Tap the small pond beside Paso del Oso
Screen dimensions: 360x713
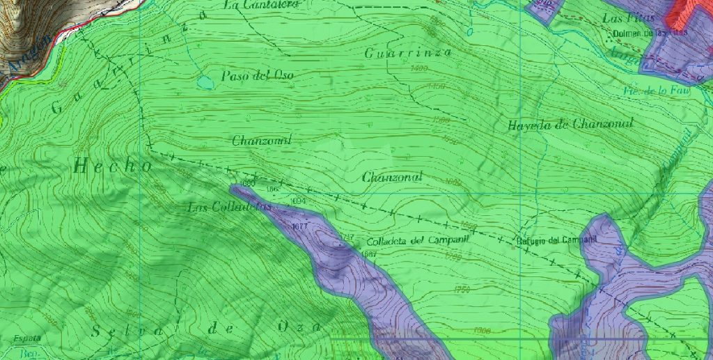[205, 82]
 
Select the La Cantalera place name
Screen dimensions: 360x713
[261, 5]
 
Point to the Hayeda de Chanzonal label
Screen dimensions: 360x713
[570, 125]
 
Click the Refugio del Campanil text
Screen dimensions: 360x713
[558, 241]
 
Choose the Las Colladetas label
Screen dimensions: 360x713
[228, 207]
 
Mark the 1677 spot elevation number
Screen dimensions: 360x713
[301, 227]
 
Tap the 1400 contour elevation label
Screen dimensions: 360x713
[420, 68]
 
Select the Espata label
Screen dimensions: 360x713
[25, 338]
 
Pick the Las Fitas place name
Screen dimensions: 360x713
[629, 18]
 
